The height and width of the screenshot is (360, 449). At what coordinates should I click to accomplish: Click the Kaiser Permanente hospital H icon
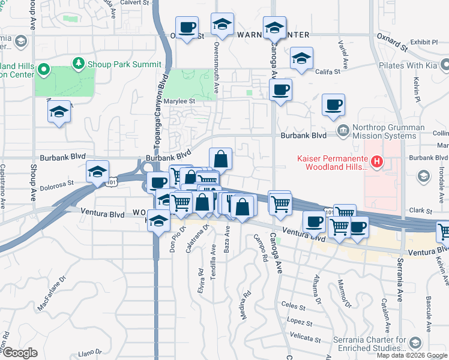(376, 161)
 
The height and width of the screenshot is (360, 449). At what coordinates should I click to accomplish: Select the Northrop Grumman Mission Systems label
(385, 131)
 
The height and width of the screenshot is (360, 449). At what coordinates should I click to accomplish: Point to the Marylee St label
(179, 101)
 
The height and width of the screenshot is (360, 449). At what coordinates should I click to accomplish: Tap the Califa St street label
(328, 71)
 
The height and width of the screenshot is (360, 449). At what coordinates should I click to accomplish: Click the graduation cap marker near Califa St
(301, 58)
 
